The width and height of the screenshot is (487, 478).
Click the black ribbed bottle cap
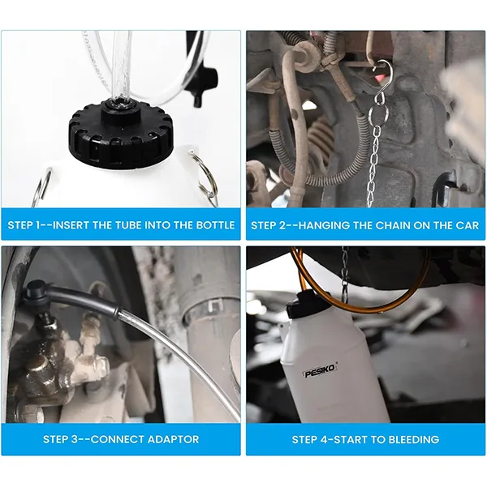click(x=121, y=134)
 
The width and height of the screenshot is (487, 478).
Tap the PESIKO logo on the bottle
click(x=321, y=371)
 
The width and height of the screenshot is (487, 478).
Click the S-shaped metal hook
click(x=381, y=83)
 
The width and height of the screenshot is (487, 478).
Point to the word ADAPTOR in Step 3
click(x=173, y=439)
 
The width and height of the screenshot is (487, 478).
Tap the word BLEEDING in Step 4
click(x=414, y=439)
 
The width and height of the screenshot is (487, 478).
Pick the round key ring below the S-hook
click(x=378, y=113)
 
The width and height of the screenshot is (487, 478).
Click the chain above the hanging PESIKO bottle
click(x=344, y=273)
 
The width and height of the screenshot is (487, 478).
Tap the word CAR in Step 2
click(x=468, y=225)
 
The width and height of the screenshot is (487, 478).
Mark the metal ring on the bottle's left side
click(x=41, y=187)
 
